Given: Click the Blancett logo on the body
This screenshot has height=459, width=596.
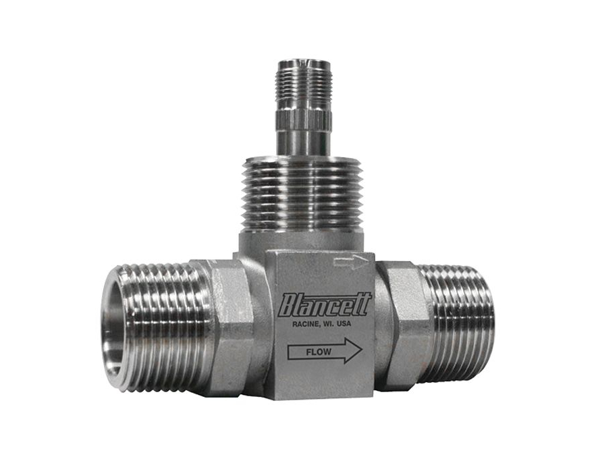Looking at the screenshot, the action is click(324, 304).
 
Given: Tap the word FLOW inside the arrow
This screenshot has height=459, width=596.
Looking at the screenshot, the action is click(319, 352).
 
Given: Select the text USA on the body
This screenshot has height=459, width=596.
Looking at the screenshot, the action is click(344, 324).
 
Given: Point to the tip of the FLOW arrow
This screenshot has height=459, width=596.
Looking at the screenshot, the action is click(362, 350).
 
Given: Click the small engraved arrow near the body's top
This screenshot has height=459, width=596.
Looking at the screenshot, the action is click(351, 262).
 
